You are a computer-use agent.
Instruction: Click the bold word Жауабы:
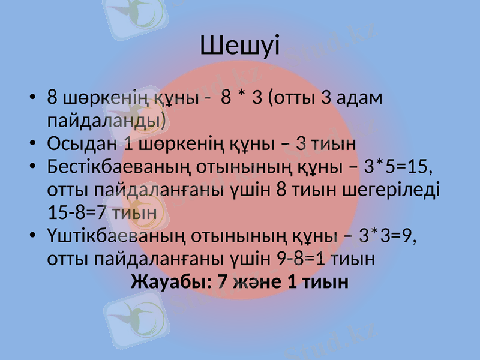pos(167,281)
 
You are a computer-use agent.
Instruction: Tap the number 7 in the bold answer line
pos(223,281)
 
